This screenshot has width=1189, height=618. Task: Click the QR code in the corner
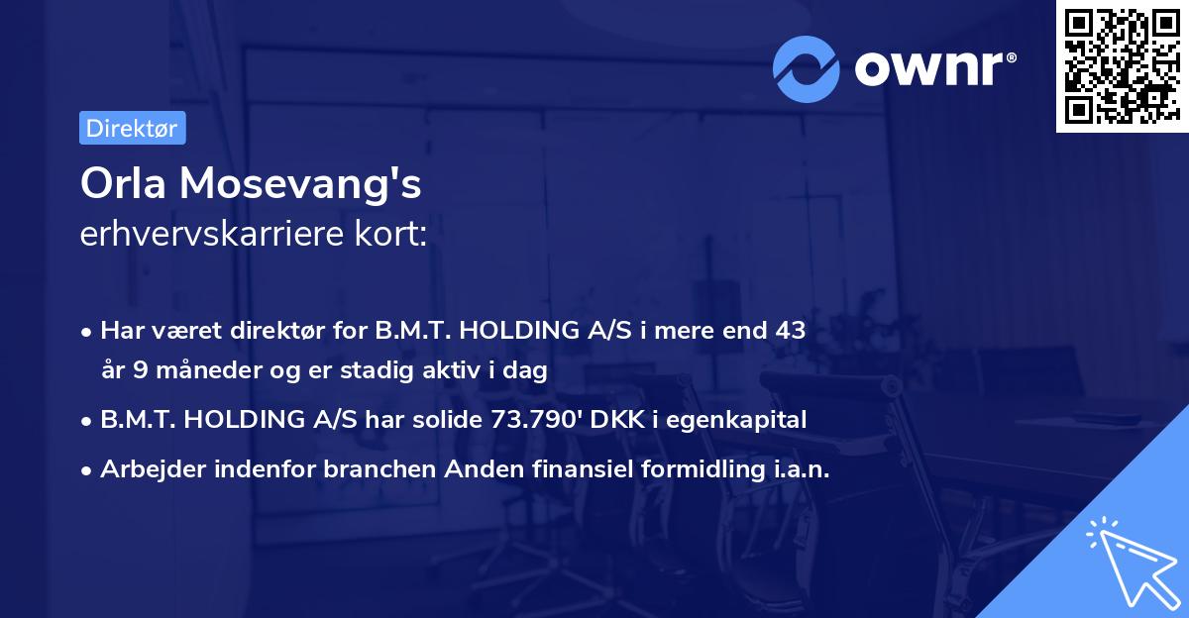click(x=1122, y=66)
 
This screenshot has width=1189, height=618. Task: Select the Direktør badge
click(x=132, y=128)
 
